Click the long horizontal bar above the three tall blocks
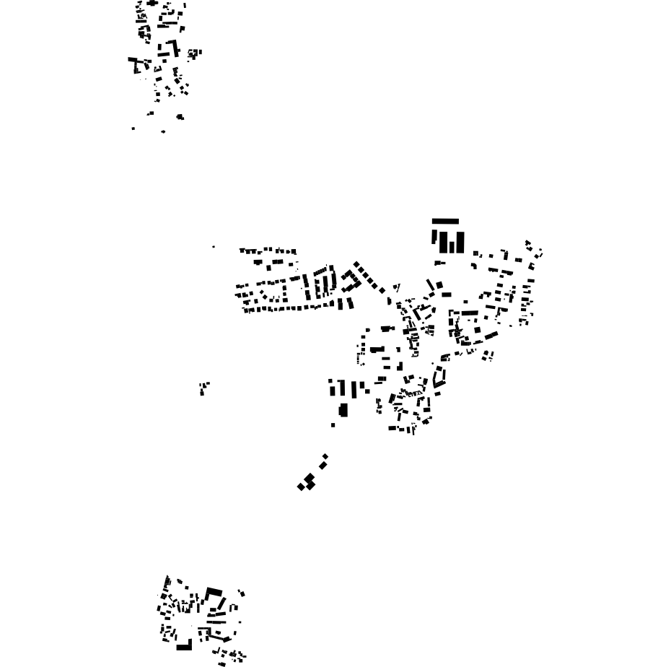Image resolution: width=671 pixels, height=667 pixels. click(x=445, y=222)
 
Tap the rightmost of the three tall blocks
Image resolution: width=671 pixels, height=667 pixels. click(x=460, y=242)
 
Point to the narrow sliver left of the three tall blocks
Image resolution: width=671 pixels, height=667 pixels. click(x=434, y=237)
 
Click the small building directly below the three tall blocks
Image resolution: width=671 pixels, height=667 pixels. click(x=439, y=263)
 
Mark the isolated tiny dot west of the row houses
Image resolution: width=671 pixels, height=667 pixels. click(x=214, y=247)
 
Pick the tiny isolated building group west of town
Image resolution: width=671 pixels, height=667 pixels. click(x=204, y=388)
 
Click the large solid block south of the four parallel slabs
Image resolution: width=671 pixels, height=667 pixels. click(x=343, y=411)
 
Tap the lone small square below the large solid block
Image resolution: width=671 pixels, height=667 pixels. click(x=333, y=425)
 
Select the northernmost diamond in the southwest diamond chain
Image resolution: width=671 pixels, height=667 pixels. click(x=325, y=457)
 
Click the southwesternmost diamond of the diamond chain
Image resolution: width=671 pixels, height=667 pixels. click(x=301, y=487)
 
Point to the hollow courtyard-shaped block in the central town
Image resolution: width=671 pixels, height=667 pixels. click(x=439, y=376)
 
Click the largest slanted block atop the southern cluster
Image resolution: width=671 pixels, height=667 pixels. click(x=214, y=593)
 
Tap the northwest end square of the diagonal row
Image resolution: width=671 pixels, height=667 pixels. click(x=356, y=266)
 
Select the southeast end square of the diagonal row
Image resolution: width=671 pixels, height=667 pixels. click(x=383, y=290)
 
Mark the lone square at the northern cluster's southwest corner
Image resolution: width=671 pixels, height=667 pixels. click(x=133, y=128)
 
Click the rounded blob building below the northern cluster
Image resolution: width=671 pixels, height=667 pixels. click(x=180, y=116)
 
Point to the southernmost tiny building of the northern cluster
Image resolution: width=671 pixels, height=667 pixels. click(x=164, y=131)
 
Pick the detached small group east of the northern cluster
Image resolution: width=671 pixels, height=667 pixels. click(x=194, y=53)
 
